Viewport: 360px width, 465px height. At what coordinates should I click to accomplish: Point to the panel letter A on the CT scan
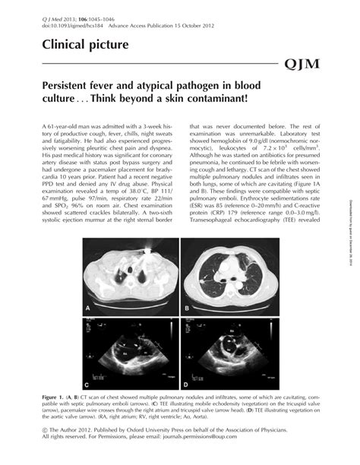(89, 307)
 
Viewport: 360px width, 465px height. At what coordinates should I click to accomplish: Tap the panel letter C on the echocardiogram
(89, 384)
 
